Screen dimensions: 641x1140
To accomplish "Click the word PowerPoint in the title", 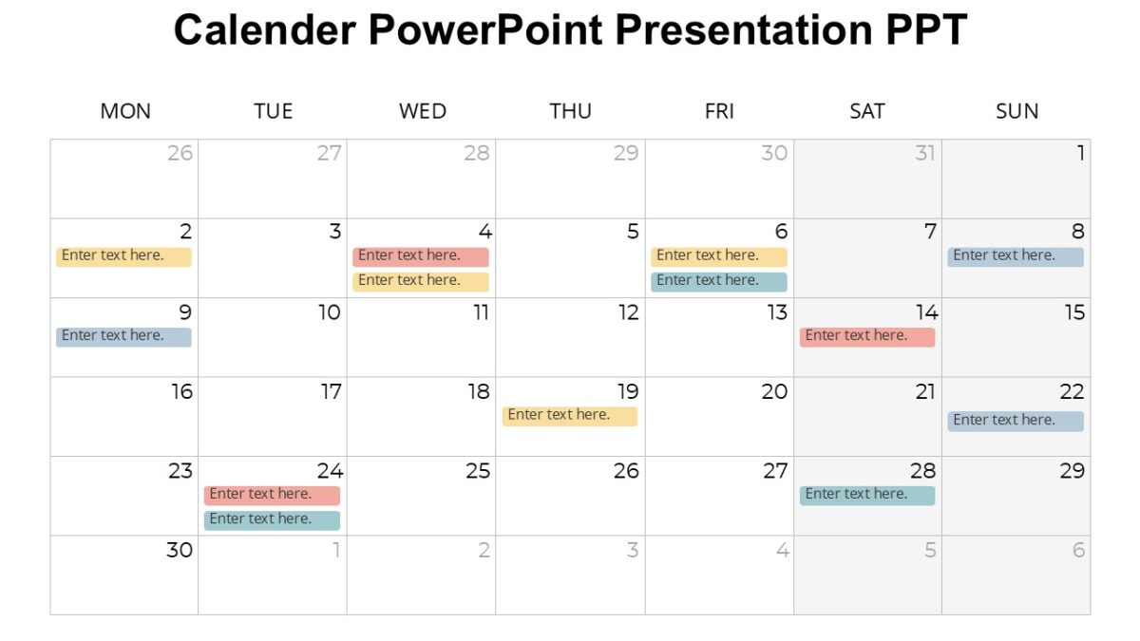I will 484,30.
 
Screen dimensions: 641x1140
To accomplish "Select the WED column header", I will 423,111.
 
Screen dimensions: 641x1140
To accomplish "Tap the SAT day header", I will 867,111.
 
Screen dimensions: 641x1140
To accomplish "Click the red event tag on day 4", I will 421,256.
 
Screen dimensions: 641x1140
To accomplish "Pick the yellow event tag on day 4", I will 421,281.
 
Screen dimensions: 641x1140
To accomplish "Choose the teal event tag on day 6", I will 719,281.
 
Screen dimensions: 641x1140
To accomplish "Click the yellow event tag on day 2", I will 123,256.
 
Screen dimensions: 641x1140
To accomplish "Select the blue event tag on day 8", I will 1016,256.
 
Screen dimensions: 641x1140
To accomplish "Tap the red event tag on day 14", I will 867,336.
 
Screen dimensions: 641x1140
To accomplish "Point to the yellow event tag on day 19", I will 570,416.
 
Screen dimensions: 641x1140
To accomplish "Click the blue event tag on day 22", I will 1016,421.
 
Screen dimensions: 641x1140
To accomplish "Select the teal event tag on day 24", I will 272,519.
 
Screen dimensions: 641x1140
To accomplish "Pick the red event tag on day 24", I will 272,495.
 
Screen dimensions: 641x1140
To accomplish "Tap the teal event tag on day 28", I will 867,495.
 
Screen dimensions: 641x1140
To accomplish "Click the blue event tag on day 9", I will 123,336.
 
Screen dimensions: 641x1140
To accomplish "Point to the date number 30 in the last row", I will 180,550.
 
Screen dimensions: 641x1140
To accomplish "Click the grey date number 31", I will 924,153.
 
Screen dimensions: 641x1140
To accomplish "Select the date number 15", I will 1074,312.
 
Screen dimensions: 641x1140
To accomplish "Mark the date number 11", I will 481,312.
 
